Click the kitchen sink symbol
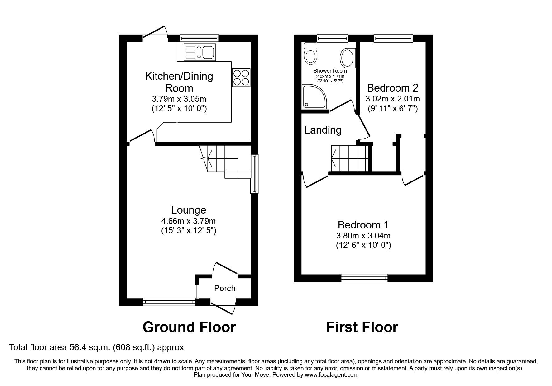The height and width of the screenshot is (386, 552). point(199,51)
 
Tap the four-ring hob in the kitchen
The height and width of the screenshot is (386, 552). point(241,78)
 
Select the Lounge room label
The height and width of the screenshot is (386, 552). point(188,210)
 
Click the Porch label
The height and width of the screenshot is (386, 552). point(224,288)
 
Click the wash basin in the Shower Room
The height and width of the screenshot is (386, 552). point(347,58)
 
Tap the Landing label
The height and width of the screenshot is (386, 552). point(323,130)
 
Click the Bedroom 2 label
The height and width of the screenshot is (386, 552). point(392,88)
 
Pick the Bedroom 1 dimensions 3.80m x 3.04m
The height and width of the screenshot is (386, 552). point(363,236)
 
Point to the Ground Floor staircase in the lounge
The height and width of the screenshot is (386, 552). point(226,163)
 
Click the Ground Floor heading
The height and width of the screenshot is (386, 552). point(189,327)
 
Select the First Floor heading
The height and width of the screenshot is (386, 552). point(362,327)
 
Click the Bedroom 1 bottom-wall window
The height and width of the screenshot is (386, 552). point(364,278)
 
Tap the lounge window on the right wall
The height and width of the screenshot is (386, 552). point(255,174)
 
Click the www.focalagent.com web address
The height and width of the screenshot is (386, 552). point(331,375)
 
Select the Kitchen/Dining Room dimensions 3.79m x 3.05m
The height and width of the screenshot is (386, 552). point(179,99)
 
